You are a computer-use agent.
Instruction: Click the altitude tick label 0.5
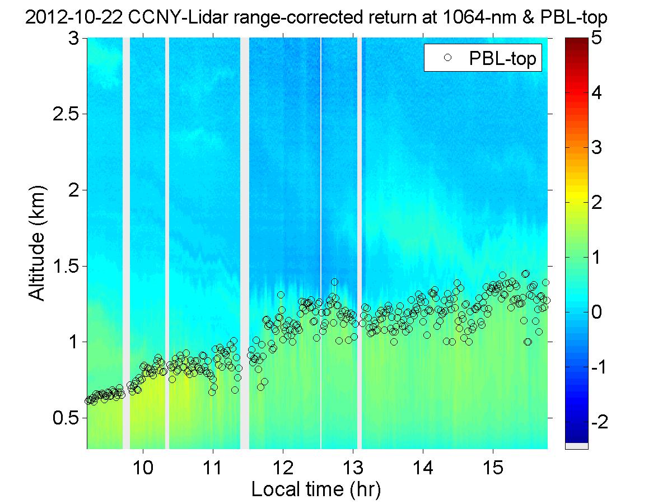click(66, 418)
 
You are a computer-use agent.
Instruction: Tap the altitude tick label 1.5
click(66, 266)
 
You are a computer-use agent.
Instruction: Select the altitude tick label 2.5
click(66, 114)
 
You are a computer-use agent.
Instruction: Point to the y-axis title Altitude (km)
click(38, 244)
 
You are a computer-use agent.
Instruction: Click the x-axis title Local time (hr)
click(316, 489)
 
